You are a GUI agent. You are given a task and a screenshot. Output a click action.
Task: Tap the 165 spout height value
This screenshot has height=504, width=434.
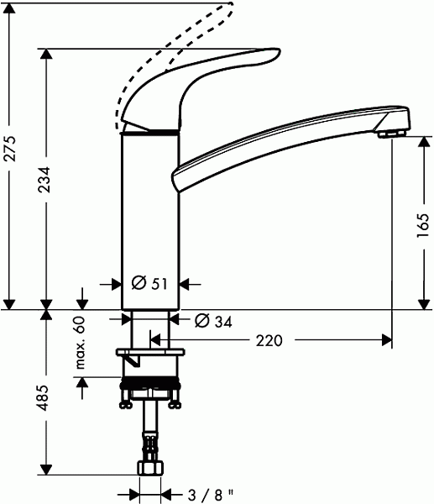pyautogui.click(x=423, y=224)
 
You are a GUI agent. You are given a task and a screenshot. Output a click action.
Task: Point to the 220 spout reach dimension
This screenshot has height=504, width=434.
pyautogui.click(x=269, y=340)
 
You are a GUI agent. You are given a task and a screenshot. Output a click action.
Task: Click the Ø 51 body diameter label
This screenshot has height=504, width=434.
pyautogui.click(x=150, y=284)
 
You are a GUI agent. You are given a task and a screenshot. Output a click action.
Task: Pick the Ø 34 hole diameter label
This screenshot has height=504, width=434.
pyautogui.click(x=212, y=321)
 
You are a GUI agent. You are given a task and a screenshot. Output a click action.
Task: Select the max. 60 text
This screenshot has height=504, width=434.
pyautogui.click(x=81, y=344)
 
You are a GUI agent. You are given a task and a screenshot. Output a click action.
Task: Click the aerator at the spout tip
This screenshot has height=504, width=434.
pyautogui.click(x=390, y=133)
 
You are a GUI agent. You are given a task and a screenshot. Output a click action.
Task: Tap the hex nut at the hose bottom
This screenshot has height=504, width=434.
pyautogui.click(x=150, y=467)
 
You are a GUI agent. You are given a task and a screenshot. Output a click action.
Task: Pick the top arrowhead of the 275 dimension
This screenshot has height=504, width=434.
pyautogui.click(x=10, y=7)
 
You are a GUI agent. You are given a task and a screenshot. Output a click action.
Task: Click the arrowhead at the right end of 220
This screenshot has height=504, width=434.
pyautogui.click(x=387, y=340)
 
